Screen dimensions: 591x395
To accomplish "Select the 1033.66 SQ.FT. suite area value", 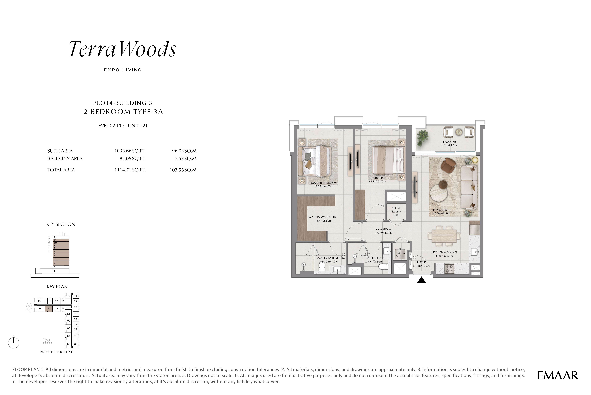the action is [130, 151].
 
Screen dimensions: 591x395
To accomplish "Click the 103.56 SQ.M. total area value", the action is [183, 170].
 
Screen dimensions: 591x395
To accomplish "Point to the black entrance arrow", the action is [422, 280].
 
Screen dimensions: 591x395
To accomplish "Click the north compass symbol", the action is [14, 342].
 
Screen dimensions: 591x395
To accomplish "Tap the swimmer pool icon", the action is [47, 341].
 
